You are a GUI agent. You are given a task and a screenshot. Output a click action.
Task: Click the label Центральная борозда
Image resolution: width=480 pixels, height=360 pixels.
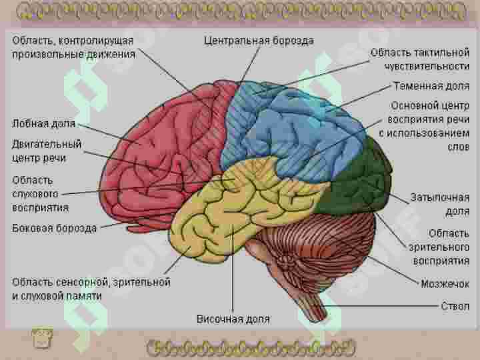tap(259, 41)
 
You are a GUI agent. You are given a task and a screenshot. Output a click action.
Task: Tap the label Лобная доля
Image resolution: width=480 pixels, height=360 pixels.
tap(43, 123)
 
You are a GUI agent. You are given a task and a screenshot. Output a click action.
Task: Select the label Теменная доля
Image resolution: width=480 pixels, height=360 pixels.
tap(431, 86)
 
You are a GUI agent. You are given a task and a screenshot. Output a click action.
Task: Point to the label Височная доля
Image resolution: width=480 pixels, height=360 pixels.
tap(233, 319)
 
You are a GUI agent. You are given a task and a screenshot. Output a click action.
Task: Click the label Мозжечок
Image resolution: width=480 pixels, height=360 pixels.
tap(445, 284)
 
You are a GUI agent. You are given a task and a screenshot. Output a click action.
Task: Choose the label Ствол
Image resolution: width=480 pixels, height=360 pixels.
tap(455, 306)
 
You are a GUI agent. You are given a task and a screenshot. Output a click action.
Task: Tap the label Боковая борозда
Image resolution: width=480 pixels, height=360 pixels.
tap(54, 228)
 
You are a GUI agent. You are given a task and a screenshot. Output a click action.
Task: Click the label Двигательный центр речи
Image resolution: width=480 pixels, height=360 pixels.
tap(47, 151)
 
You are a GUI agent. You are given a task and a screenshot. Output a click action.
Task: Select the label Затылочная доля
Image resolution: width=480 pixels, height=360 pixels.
tap(440, 204)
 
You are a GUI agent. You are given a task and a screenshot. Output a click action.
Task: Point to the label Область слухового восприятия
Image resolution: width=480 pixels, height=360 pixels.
tap(40, 194)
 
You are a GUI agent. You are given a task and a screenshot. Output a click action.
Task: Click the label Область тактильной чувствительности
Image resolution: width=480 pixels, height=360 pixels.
tap(420, 59)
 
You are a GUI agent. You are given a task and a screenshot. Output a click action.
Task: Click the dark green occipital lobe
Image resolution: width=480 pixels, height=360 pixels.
tap(358, 181)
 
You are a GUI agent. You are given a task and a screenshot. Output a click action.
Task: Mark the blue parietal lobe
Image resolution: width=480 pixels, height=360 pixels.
tap(294, 129)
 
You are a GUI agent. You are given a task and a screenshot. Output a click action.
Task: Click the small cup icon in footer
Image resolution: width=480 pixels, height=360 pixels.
tap(42, 337)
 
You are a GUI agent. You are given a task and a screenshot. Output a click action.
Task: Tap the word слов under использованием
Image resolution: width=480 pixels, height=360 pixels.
tap(458, 147)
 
